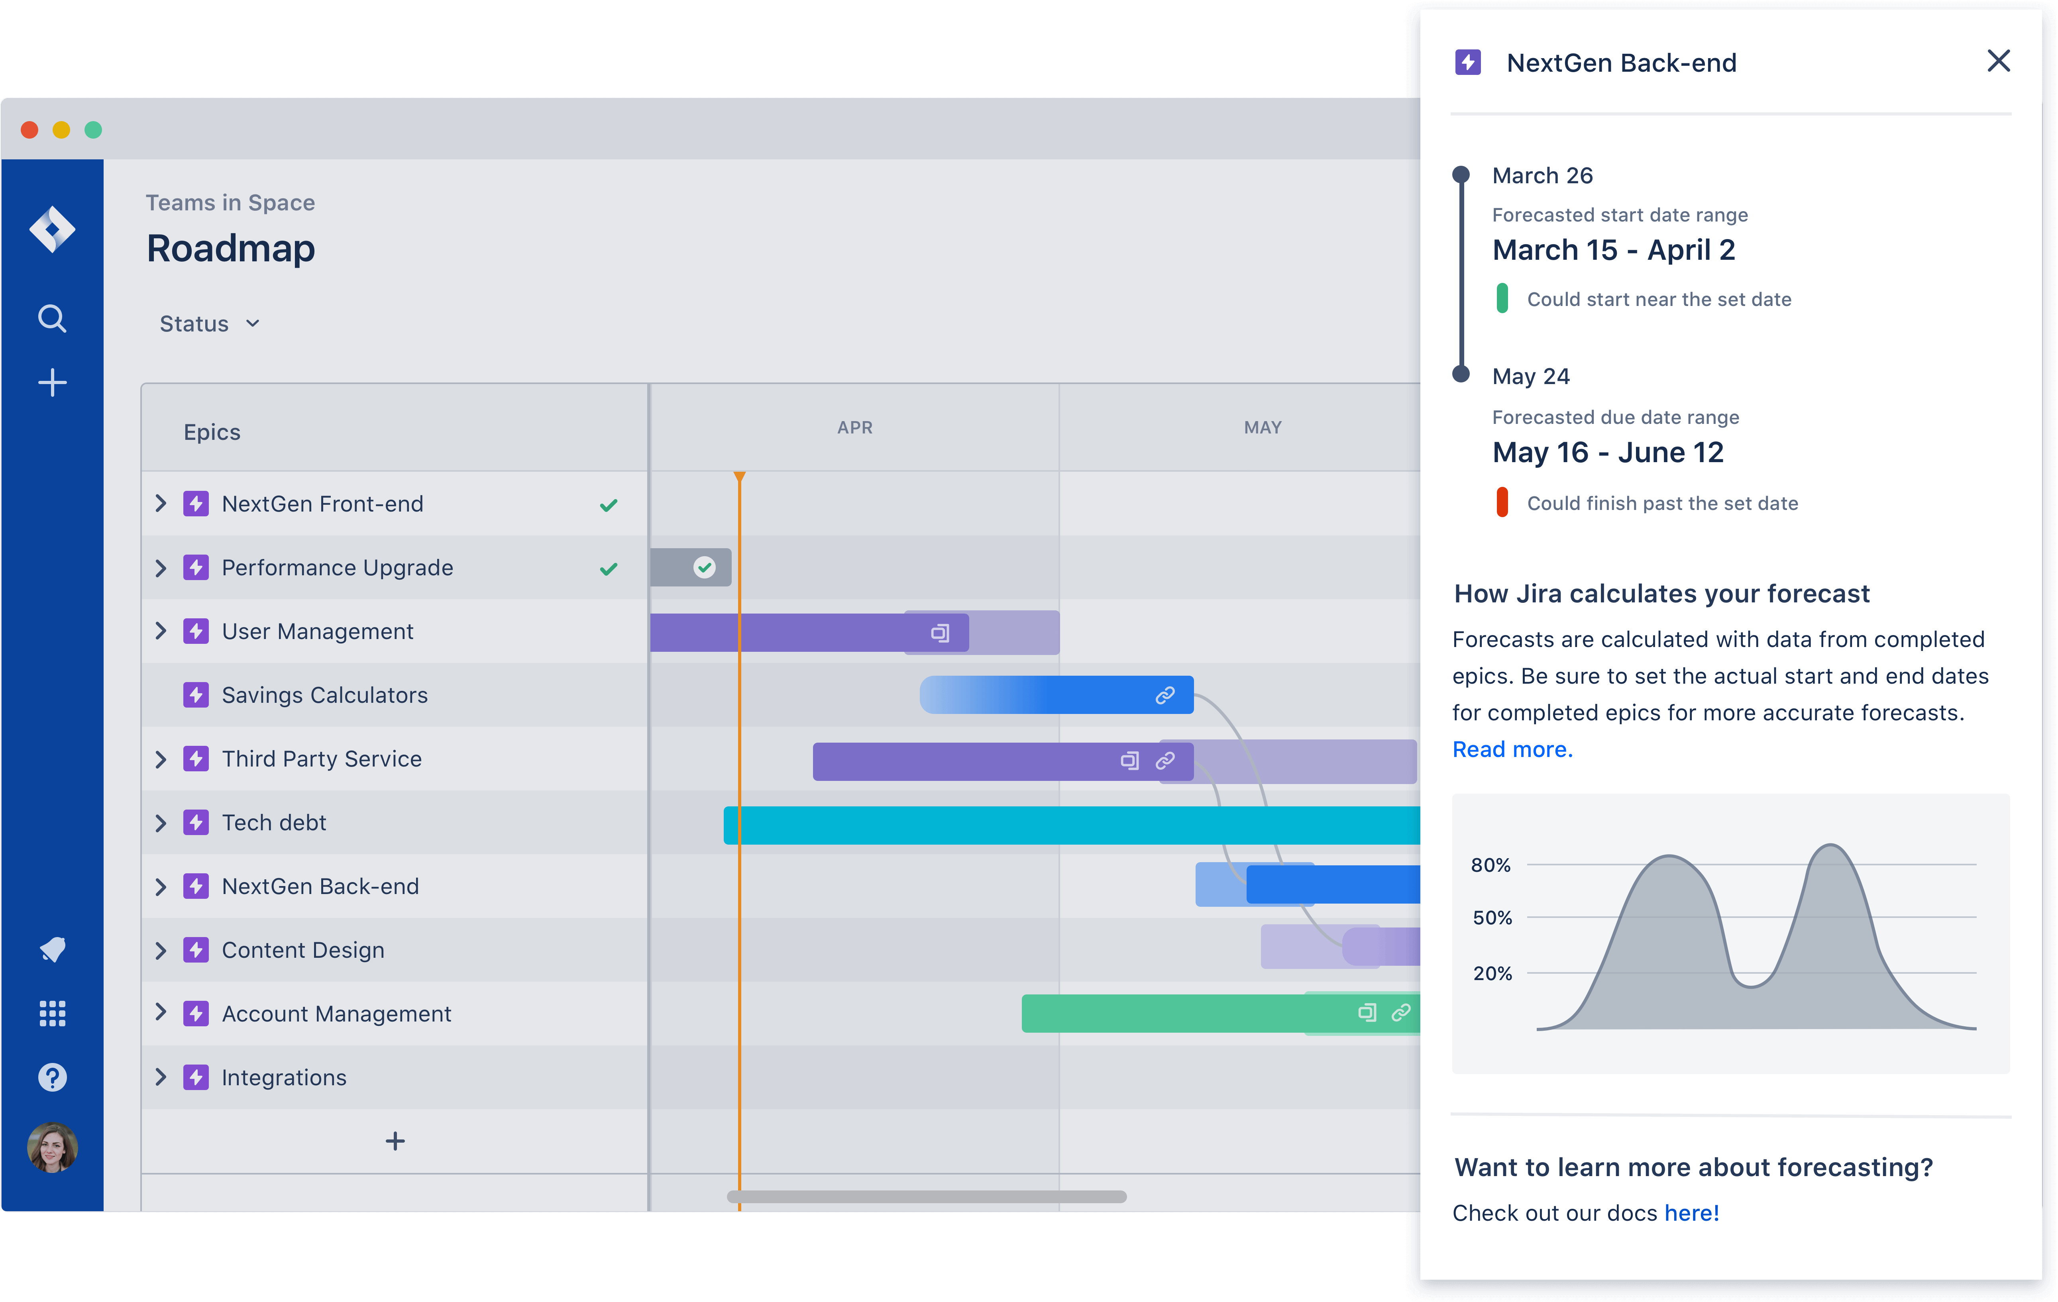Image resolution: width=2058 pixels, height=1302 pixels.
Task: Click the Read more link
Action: pyautogui.click(x=1512, y=749)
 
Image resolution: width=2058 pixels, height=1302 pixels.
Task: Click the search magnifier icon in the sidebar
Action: pyautogui.click(x=52, y=319)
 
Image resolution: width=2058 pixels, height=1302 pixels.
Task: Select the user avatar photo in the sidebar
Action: pyautogui.click(x=52, y=1147)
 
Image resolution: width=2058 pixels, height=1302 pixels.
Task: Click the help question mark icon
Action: pyautogui.click(x=52, y=1077)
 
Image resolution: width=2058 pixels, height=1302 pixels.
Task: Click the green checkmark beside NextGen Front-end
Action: pyautogui.click(x=609, y=505)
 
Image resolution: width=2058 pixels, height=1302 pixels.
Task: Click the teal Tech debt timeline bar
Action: pyautogui.click(x=1068, y=825)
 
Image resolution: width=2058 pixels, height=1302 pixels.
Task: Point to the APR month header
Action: pyautogui.click(x=855, y=427)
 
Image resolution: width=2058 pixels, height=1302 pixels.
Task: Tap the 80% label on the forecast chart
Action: pyautogui.click(x=1490, y=865)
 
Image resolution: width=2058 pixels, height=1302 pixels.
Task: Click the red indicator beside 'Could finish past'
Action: pyautogui.click(x=1502, y=502)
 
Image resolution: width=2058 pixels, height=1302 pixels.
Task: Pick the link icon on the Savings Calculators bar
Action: pyautogui.click(x=1165, y=696)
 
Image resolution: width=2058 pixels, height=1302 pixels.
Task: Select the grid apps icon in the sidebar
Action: pyautogui.click(x=52, y=1013)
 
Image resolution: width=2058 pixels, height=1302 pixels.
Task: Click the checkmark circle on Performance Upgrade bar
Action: pyautogui.click(x=704, y=567)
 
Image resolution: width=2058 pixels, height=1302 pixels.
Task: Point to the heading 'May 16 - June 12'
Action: pyautogui.click(x=1608, y=453)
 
